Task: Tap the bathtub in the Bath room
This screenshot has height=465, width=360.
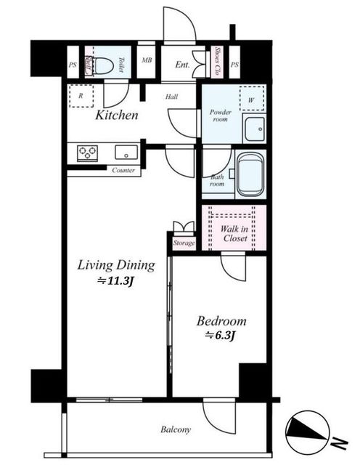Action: click(250, 174)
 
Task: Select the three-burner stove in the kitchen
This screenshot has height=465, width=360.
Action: click(87, 153)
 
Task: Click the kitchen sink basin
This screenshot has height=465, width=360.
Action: click(126, 152)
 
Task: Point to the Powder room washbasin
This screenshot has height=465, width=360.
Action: click(254, 129)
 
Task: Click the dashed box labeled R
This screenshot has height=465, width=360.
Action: click(81, 96)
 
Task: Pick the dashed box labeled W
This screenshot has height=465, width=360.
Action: click(252, 99)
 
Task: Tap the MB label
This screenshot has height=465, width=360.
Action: click(147, 60)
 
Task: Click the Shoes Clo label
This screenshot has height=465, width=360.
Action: click(218, 61)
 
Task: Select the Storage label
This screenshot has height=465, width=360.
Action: click(184, 243)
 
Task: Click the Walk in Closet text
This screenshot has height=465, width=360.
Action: click(234, 233)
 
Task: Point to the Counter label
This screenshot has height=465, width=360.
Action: click(123, 170)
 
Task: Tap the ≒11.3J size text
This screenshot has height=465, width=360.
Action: click(115, 280)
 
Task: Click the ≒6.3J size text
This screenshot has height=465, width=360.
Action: click(221, 335)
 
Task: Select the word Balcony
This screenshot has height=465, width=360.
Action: click(176, 429)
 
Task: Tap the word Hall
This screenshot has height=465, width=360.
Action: click(171, 97)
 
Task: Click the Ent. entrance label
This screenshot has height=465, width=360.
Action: click(182, 65)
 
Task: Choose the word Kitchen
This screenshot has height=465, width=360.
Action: click(117, 115)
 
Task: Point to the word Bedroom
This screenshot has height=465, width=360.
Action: click(221, 321)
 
